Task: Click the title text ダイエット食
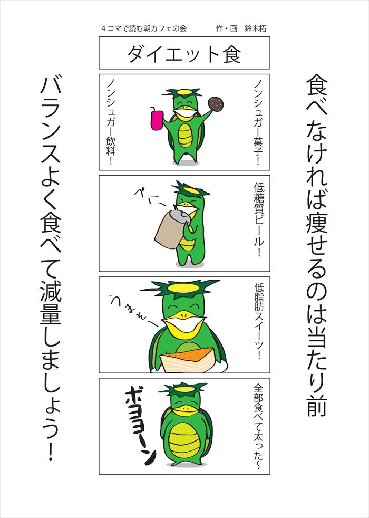coord(184,54)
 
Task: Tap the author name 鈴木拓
coord(255,28)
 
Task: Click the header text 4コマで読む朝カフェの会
coord(144,28)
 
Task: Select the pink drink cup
coord(157,120)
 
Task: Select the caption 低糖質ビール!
coord(258,219)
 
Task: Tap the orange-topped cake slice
coord(187,360)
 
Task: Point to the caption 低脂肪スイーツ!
coord(259,321)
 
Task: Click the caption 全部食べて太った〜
coord(258,426)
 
